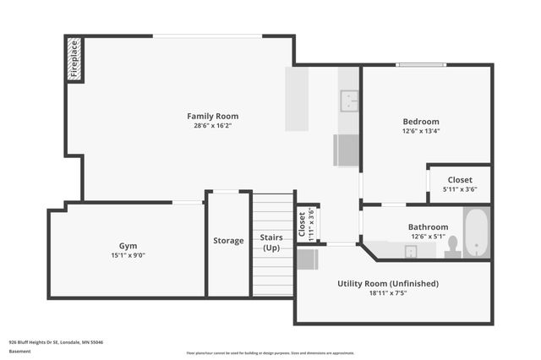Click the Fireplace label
point(74,60)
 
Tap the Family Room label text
point(212,116)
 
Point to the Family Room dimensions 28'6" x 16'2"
point(212,126)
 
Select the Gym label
point(128,245)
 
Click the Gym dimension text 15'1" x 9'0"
point(128,255)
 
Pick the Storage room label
point(228,241)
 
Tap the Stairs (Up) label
point(272,243)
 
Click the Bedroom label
point(420,121)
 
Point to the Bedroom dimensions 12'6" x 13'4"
point(420,131)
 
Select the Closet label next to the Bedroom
point(460,179)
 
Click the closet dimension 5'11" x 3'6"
point(460,189)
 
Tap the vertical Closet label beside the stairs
point(302,224)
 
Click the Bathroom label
point(428,226)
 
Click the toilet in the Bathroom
point(452,246)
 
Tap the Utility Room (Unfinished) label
point(388,284)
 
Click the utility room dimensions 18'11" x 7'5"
point(388,294)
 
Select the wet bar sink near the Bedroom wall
point(348,101)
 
